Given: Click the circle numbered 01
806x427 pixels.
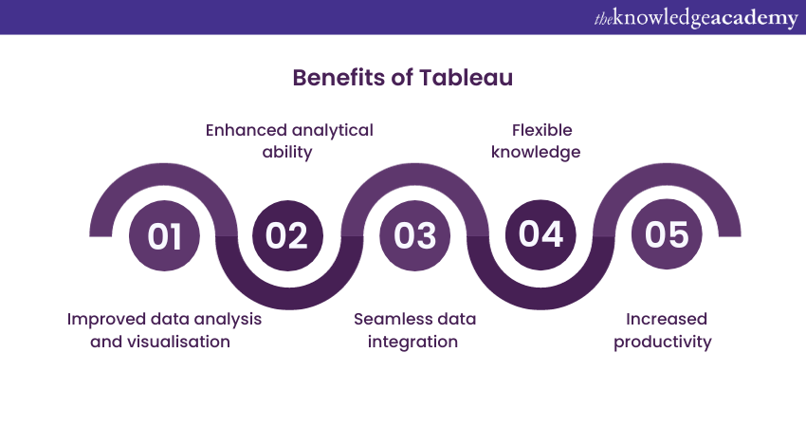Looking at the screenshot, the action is pyautogui.click(x=164, y=236).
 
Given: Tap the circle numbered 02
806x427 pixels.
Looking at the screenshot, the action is pyautogui.click(x=287, y=235).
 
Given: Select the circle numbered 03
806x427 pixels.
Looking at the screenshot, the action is pyautogui.click(x=414, y=235).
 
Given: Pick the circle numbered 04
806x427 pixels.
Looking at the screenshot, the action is pyautogui.click(x=540, y=234).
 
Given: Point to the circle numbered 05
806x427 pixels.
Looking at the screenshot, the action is pyautogui.click(x=667, y=234).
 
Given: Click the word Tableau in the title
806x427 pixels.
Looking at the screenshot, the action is pyautogui.click(x=466, y=78).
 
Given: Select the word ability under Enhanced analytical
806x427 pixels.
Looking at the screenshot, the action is pyautogui.click(x=287, y=152).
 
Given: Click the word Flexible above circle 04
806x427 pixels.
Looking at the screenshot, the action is pyautogui.click(x=541, y=130).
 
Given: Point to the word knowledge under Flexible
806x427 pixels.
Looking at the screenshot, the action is pyautogui.click(x=536, y=152).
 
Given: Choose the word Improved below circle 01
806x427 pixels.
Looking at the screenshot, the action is pyautogui.click(x=106, y=320).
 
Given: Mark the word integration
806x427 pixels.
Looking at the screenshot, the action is pyautogui.click(x=412, y=343).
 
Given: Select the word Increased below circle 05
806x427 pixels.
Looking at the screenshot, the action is pyautogui.click(x=667, y=319).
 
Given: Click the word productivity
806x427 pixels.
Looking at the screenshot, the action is pyautogui.click(x=663, y=343).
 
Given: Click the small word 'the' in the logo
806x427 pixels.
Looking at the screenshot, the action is pyautogui.click(x=603, y=20).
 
